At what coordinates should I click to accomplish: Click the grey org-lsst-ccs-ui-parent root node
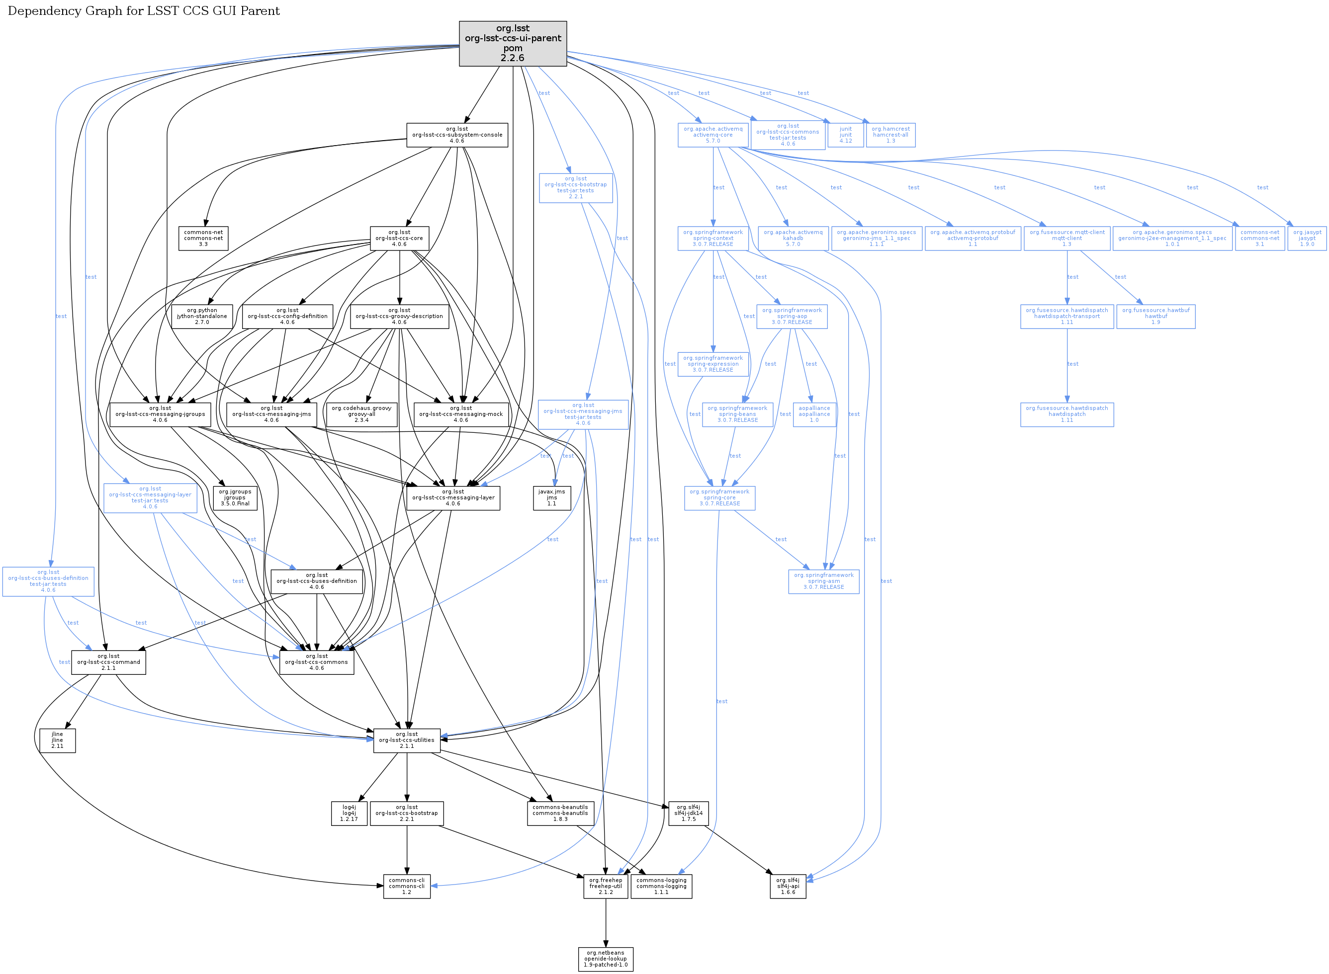click(512, 44)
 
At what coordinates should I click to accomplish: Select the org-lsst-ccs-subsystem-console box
click(456, 135)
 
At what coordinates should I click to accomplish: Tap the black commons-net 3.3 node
click(203, 238)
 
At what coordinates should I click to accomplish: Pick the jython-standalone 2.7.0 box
click(202, 316)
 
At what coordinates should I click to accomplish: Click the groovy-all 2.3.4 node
click(361, 414)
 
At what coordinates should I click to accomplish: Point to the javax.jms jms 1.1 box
click(551, 497)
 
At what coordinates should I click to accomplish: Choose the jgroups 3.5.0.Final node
click(235, 497)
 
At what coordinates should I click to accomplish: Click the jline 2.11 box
click(57, 740)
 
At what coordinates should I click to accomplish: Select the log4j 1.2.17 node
click(349, 813)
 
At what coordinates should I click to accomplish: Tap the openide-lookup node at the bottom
click(605, 959)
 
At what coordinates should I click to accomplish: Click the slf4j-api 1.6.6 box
click(788, 886)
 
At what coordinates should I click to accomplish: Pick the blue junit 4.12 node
click(845, 135)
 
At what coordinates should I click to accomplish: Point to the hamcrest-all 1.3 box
click(890, 135)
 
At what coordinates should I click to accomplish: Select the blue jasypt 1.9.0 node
click(1307, 238)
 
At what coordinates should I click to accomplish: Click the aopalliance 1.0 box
click(814, 414)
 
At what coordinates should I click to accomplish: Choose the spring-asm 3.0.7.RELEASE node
click(823, 581)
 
